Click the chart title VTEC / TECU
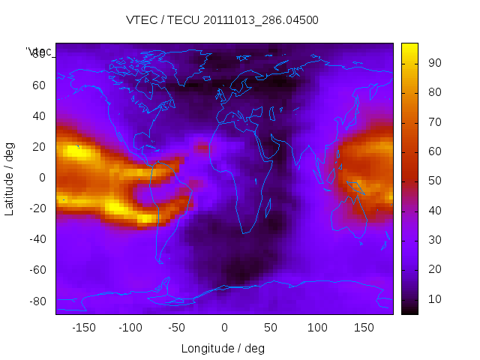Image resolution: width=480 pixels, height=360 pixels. [x=222, y=20]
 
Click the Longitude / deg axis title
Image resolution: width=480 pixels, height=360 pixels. [x=223, y=348]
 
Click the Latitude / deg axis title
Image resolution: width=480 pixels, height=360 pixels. [x=10, y=178]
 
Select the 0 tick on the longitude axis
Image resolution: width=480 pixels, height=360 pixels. [x=223, y=328]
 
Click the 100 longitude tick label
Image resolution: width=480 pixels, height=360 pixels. [x=317, y=328]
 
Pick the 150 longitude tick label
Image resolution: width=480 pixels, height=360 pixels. [x=364, y=328]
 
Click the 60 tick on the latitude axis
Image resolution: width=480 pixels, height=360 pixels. [x=39, y=85]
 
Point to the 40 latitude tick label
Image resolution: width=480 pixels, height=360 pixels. [x=39, y=116]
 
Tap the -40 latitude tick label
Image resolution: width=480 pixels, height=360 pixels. [x=37, y=239]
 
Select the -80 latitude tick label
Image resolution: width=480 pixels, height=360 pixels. [x=37, y=301]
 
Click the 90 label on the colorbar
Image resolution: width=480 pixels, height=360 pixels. [x=433, y=63]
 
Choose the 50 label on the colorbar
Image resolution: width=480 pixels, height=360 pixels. [x=433, y=181]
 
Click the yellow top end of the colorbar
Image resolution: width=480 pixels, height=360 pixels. [x=409, y=46]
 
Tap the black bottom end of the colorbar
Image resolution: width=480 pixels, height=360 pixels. [x=409, y=310]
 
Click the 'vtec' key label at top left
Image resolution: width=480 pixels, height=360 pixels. [x=39, y=52]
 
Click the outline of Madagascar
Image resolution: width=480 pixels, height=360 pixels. [x=271, y=211]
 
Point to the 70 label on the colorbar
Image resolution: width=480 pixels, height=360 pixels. [x=433, y=122]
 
